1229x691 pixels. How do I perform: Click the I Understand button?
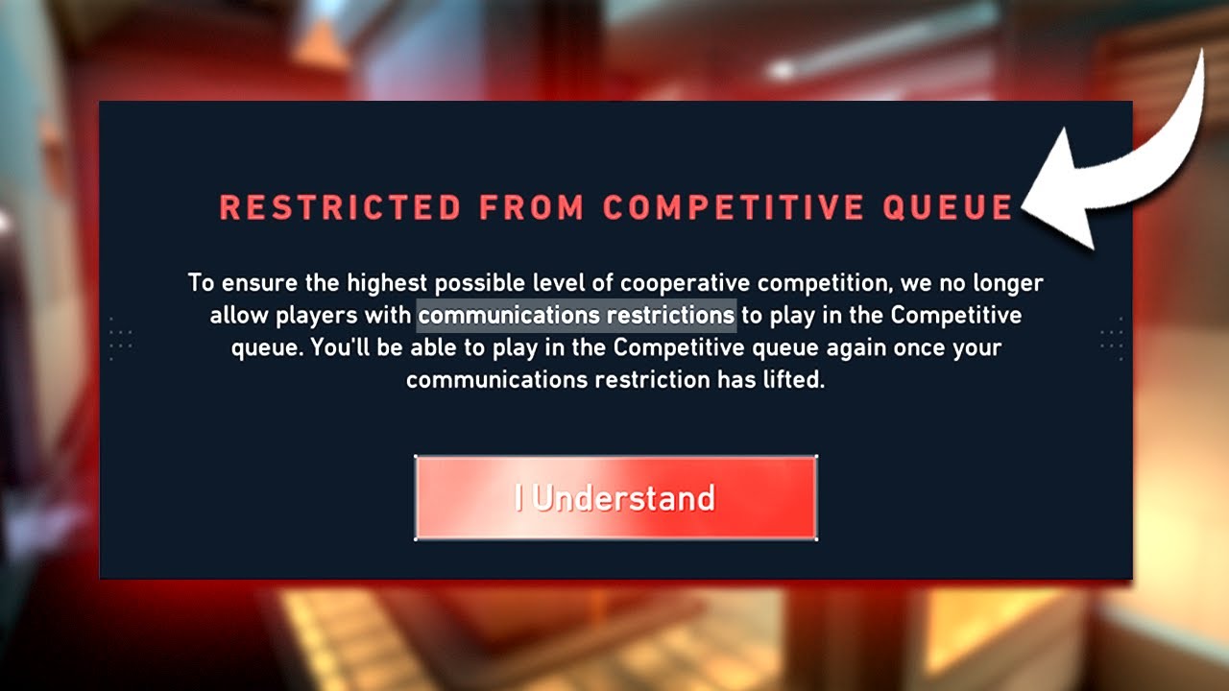pos(615,498)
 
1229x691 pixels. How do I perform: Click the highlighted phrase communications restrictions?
pos(577,315)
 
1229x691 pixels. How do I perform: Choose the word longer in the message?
pos(1005,283)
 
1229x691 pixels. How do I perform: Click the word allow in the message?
pos(234,315)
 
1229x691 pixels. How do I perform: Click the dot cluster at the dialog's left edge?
pos(121,339)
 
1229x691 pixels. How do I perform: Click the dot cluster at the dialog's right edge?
pos(1111,339)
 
